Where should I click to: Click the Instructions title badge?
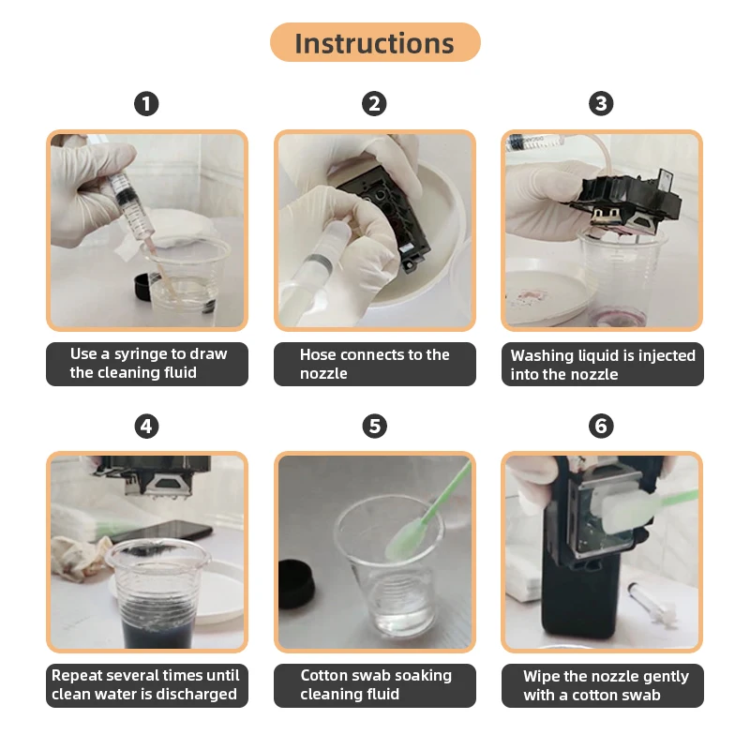click(x=375, y=42)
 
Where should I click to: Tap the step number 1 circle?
click(x=146, y=104)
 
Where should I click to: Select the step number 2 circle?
click(x=374, y=104)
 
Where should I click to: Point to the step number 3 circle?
click(x=601, y=104)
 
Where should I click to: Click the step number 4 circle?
click(x=146, y=427)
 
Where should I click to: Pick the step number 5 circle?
click(x=374, y=427)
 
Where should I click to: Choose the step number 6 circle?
click(x=601, y=427)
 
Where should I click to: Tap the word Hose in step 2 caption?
click(x=318, y=355)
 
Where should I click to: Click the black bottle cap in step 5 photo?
click(x=296, y=583)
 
